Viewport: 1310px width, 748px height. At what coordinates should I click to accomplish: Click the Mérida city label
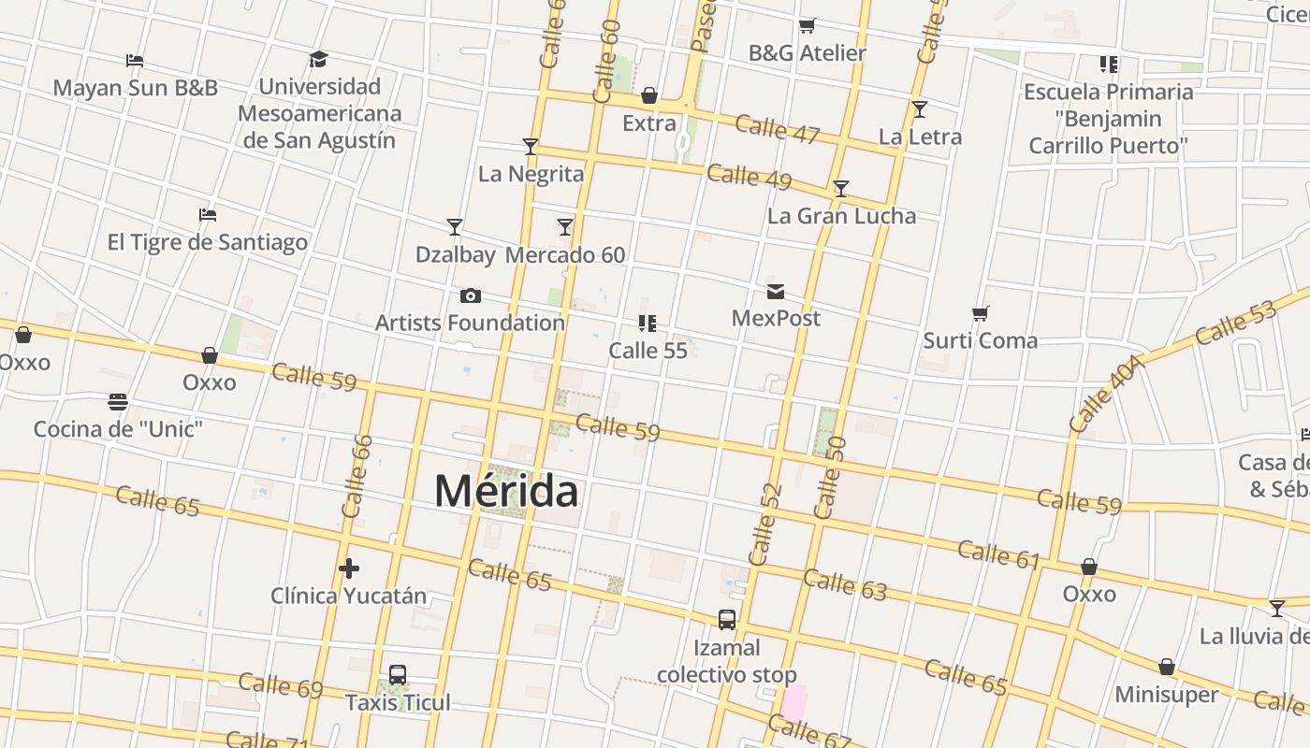(x=506, y=491)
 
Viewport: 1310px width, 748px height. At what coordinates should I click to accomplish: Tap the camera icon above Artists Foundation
(x=471, y=296)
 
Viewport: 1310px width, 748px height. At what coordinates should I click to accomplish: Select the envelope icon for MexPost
(x=776, y=292)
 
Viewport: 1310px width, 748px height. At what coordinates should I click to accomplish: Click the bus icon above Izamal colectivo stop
(x=727, y=619)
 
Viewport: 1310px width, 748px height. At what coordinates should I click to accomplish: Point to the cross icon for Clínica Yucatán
(x=349, y=568)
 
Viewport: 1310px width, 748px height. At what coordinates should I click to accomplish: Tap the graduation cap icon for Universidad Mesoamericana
(x=319, y=60)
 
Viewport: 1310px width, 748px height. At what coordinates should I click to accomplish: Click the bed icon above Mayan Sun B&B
(x=135, y=62)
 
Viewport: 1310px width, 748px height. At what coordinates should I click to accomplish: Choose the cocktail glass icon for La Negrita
(x=531, y=147)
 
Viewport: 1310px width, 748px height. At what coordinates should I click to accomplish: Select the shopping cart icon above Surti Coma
(x=980, y=313)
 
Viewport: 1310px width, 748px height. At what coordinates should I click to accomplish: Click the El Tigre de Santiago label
(x=208, y=242)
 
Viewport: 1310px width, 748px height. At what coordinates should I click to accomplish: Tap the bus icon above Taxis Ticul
(x=398, y=675)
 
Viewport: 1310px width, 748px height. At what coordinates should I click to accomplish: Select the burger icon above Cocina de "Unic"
(x=118, y=402)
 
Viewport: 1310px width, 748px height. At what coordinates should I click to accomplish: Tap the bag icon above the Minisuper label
(x=1167, y=668)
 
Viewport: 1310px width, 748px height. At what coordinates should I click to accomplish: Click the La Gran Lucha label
(x=841, y=216)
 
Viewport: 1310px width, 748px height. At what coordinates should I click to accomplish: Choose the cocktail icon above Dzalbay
(x=455, y=227)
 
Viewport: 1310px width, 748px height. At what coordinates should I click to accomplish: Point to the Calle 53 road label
(x=1235, y=324)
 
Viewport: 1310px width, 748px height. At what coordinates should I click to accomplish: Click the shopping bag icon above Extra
(x=649, y=96)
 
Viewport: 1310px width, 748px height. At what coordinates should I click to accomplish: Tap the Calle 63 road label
(x=845, y=583)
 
